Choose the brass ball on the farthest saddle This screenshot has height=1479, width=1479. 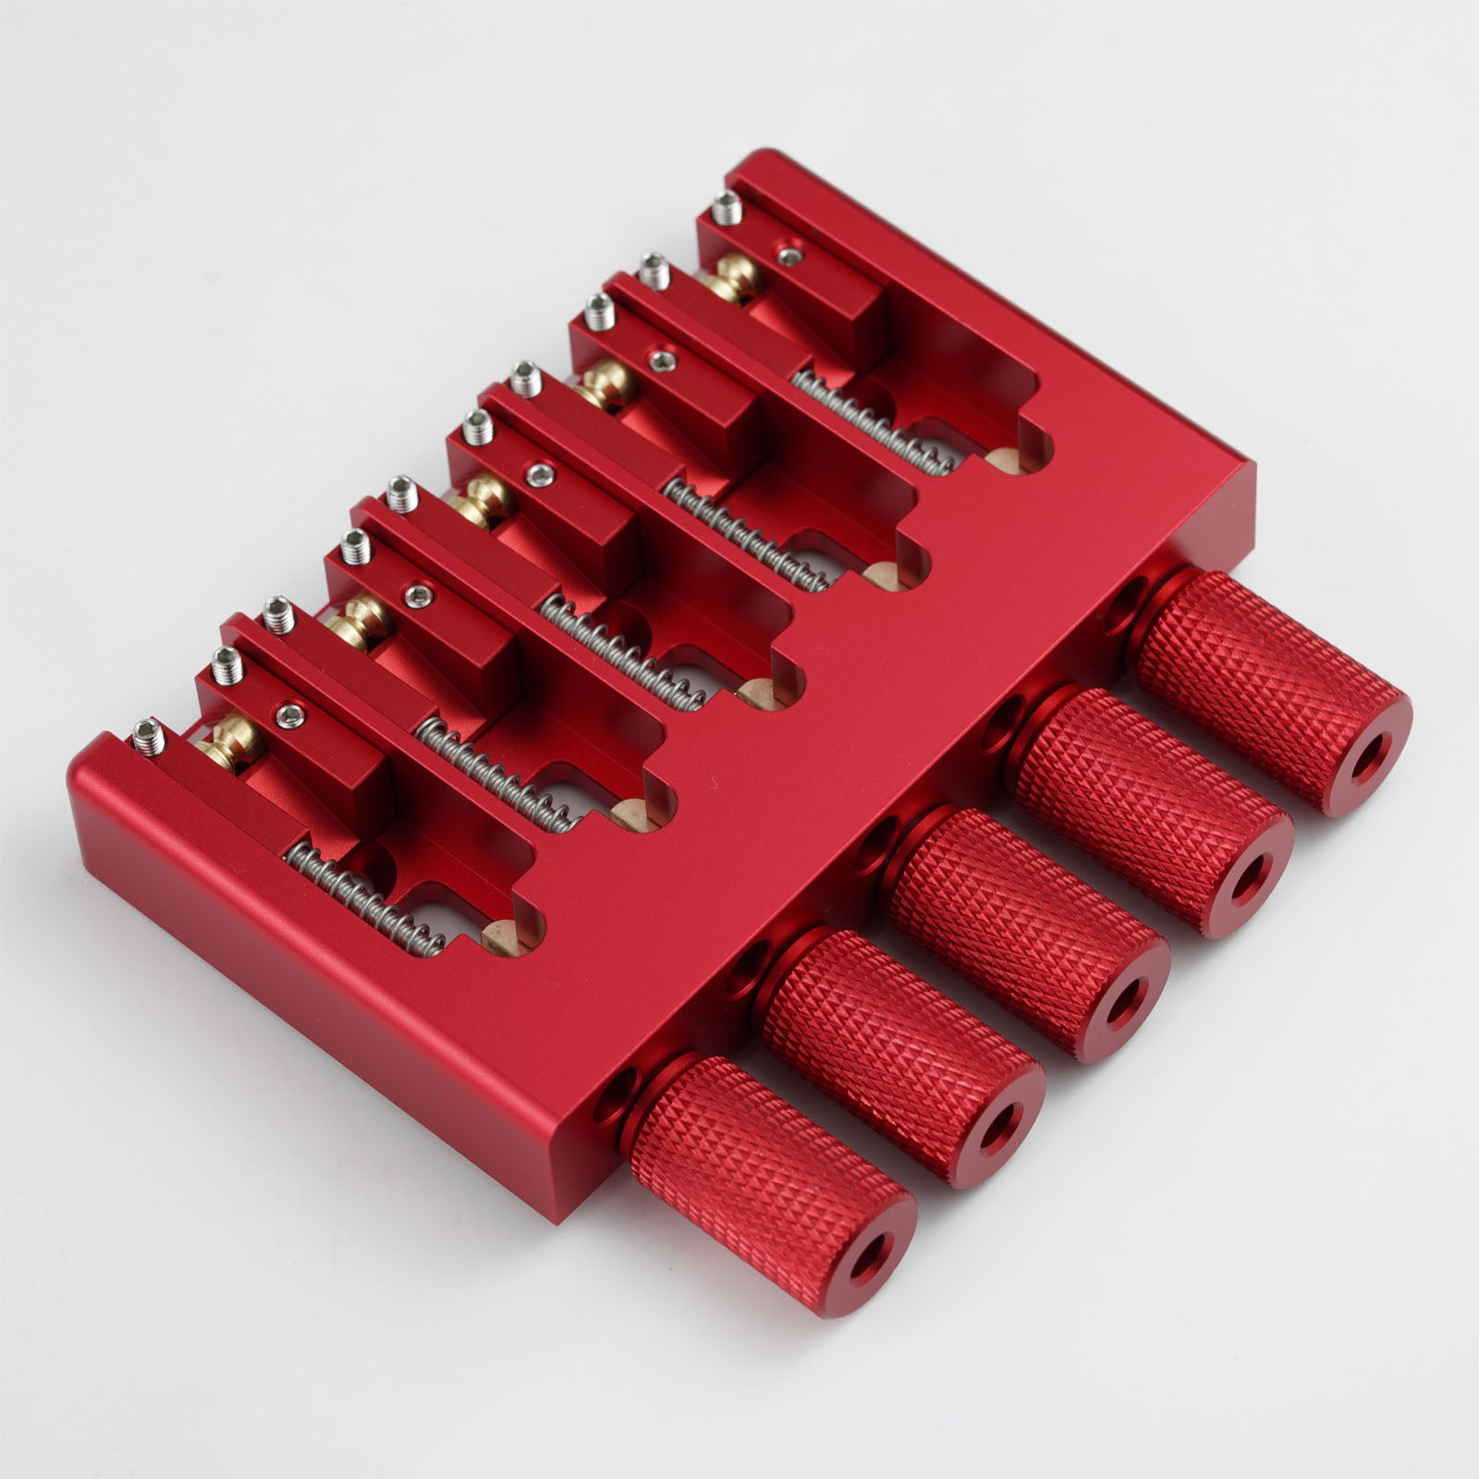pyautogui.click(x=735, y=277)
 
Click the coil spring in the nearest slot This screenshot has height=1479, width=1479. pyautogui.click(x=365, y=901)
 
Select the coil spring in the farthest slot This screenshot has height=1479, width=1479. pyautogui.click(x=874, y=421)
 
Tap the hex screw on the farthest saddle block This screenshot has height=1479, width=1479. pyautogui.click(x=787, y=253)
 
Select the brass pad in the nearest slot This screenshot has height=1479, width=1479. pyautogui.click(x=500, y=935)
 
